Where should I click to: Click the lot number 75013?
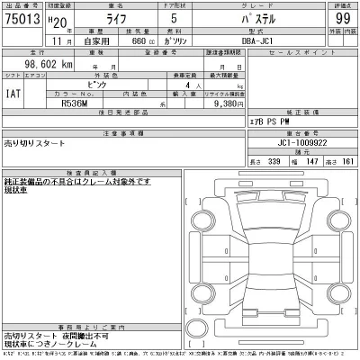(x=22, y=16)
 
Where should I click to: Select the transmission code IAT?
(x=15, y=92)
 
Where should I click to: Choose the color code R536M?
(x=75, y=103)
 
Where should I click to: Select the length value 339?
(x=275, y=161)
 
